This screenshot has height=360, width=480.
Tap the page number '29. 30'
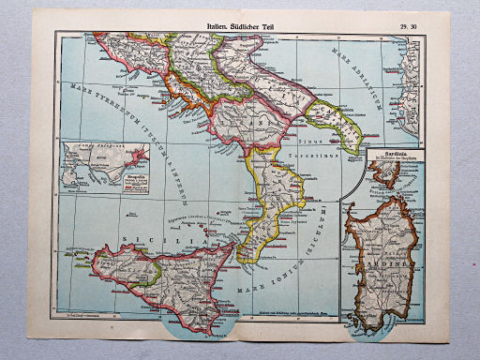[410, 28]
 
